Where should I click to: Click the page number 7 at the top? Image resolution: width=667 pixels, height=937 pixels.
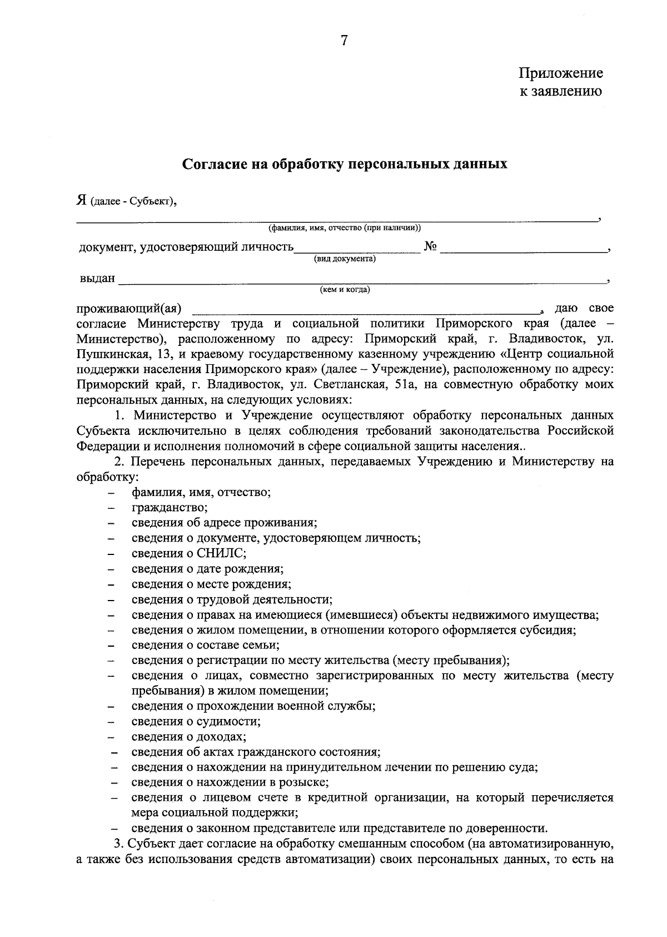[344, 41]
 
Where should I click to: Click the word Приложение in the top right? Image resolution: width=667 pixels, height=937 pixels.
[560, 73]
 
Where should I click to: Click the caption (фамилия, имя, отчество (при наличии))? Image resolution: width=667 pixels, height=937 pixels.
[345, 228]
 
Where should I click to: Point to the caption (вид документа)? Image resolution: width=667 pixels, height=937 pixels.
[345, 259]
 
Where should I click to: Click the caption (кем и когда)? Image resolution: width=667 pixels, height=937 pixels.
[345, 290]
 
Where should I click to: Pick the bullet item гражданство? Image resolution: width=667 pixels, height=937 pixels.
[170, 507]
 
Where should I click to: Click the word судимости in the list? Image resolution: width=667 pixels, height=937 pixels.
[232, 722]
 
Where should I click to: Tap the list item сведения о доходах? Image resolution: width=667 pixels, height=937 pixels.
[189, 737]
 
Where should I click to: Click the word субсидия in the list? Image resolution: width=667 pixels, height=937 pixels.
[547, 630]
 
